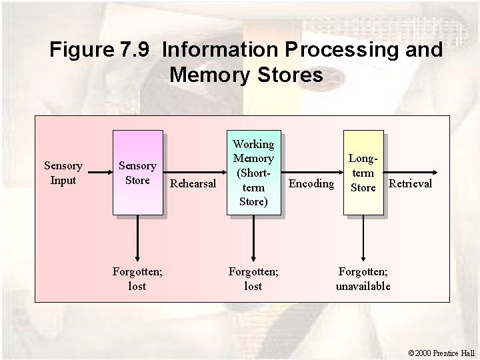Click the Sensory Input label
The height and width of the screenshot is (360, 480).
(63, 173)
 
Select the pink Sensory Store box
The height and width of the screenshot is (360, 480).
(137, 173)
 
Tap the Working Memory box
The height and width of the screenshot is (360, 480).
(253, 173)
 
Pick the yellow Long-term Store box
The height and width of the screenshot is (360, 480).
(363, 173)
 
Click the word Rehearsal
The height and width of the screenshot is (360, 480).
(193, 183)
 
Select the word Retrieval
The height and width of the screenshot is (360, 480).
(410, 183)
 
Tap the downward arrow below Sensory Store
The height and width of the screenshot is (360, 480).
(137, 240)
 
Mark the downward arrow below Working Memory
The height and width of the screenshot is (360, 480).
(253, 240)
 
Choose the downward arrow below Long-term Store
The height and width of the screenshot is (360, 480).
(363, 240)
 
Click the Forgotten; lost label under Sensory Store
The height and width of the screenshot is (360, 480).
(137, 279)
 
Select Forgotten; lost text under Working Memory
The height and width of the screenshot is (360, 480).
(253, 279)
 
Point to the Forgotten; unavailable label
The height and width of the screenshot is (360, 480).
(363, 279)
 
